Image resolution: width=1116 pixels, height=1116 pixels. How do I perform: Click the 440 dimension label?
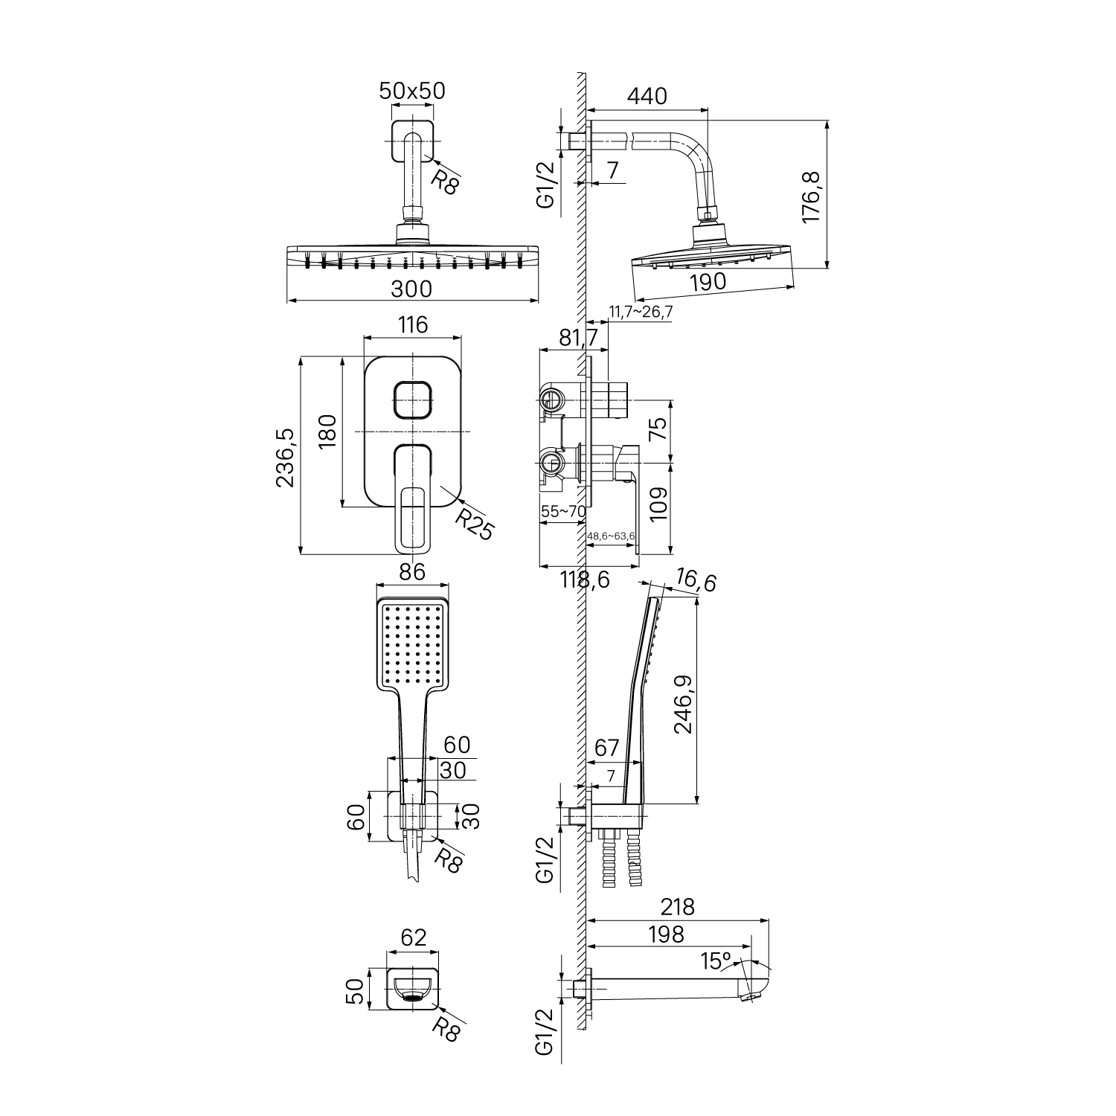647,96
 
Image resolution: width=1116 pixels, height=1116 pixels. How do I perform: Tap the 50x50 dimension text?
412,91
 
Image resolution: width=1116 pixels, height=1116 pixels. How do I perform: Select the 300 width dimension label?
411,288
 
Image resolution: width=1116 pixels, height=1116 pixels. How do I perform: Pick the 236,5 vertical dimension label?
286,458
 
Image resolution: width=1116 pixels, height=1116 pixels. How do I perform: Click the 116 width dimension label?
413,325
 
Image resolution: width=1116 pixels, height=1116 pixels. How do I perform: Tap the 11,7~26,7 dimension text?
641,312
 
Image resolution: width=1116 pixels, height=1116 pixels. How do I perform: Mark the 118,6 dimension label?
585,579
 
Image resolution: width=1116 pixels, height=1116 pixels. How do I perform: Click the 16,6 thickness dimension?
696,580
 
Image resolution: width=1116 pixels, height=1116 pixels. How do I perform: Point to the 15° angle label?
716,961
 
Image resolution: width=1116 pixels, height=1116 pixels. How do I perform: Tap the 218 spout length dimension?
677,907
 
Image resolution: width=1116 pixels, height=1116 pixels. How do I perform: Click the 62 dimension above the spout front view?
413,937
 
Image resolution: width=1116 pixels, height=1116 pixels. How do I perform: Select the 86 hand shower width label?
412,571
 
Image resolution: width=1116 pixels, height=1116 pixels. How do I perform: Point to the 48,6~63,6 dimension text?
611,536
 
